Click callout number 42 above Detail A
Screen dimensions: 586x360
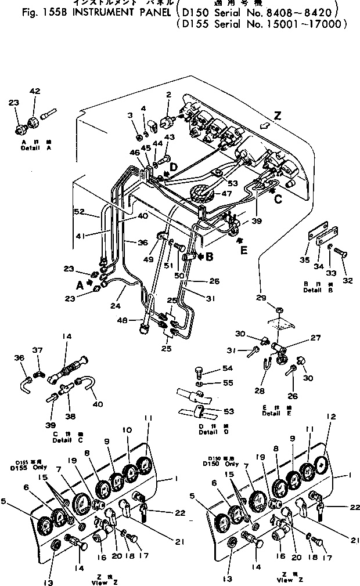[35, 91]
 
